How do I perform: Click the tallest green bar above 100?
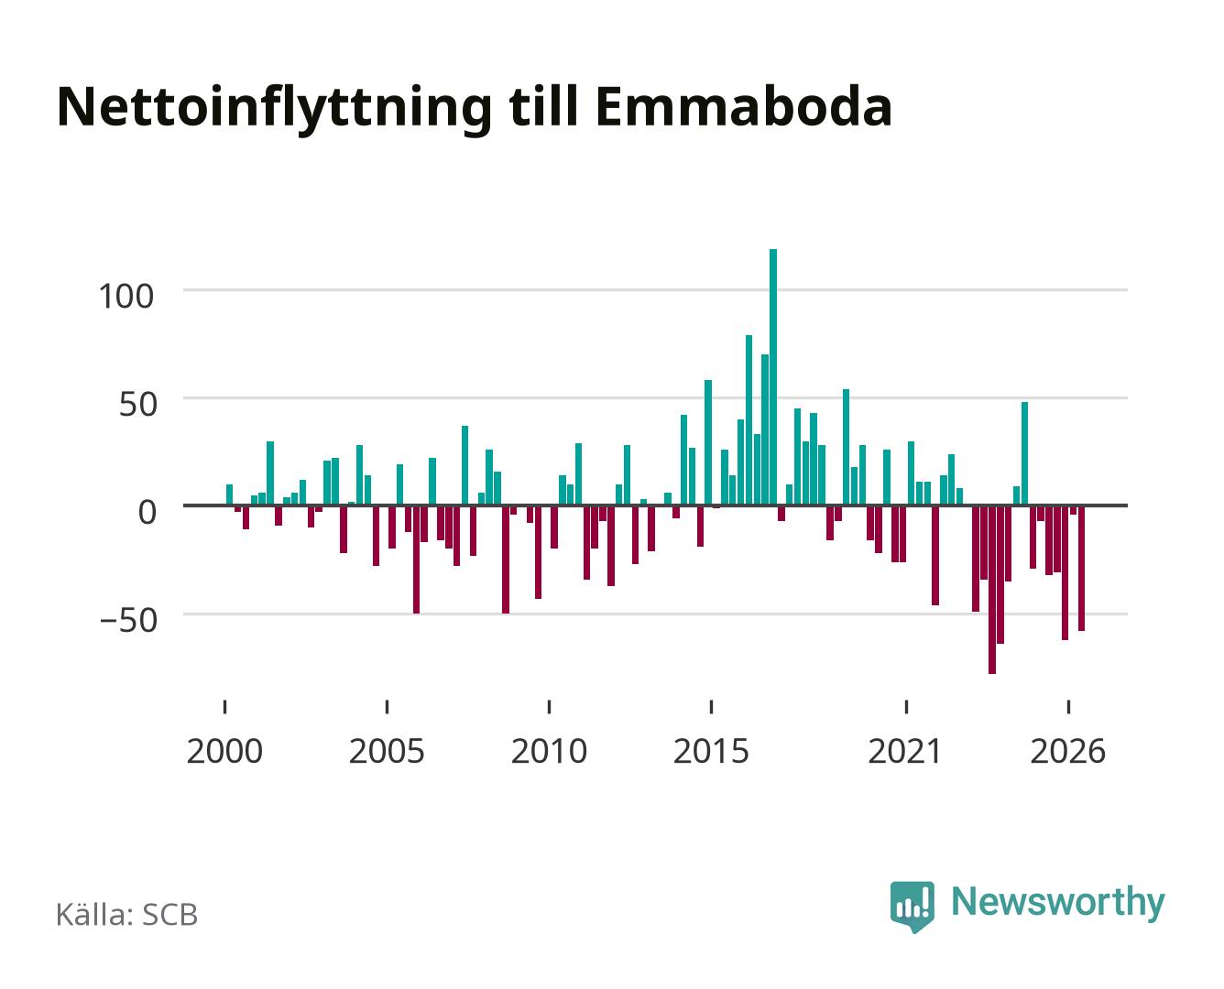(773, 376)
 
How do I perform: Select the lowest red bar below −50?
(992, 589)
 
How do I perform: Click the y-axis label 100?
(126, 297)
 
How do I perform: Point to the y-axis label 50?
(138, 405)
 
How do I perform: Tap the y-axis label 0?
(148, 512)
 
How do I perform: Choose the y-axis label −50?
(128, 620)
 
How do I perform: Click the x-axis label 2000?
(224, 751)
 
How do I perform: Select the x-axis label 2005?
(387, 751)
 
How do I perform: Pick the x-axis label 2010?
(550, 751)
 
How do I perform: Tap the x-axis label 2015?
(712, 751)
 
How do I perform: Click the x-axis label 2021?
(905, 751)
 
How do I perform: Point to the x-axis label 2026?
(1068, 751)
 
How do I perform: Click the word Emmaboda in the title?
(744, 107)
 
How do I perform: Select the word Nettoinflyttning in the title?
(274, 110)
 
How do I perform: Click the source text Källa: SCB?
(127, 914)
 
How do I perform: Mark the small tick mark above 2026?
(1068, 706)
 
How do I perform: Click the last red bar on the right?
(1081, 568)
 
